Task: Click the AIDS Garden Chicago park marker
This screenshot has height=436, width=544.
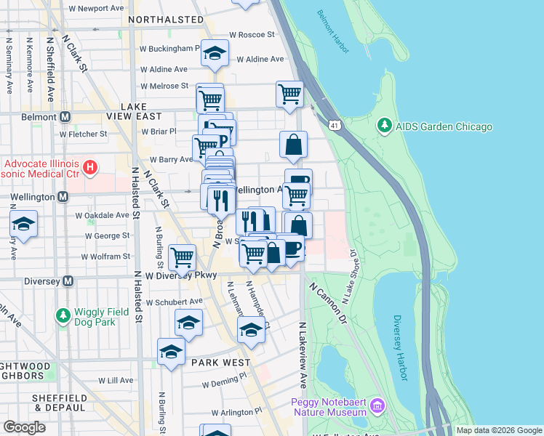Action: (384, 126)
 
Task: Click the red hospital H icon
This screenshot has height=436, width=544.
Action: (90, 169)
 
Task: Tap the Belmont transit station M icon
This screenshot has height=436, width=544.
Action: (65, 116)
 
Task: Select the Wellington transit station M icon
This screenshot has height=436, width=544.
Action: (63, 197)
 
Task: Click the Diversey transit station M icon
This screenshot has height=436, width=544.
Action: (68, 280)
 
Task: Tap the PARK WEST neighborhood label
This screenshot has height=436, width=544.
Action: (221, 362)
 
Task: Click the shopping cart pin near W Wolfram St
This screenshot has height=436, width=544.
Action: (182, 257)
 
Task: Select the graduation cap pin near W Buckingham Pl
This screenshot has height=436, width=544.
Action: (215, 52)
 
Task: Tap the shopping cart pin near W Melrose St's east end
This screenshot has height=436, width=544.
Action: (289, 94)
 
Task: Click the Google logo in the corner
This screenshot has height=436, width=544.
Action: (25, 427)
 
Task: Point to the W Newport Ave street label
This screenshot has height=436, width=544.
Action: (96, 9)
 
